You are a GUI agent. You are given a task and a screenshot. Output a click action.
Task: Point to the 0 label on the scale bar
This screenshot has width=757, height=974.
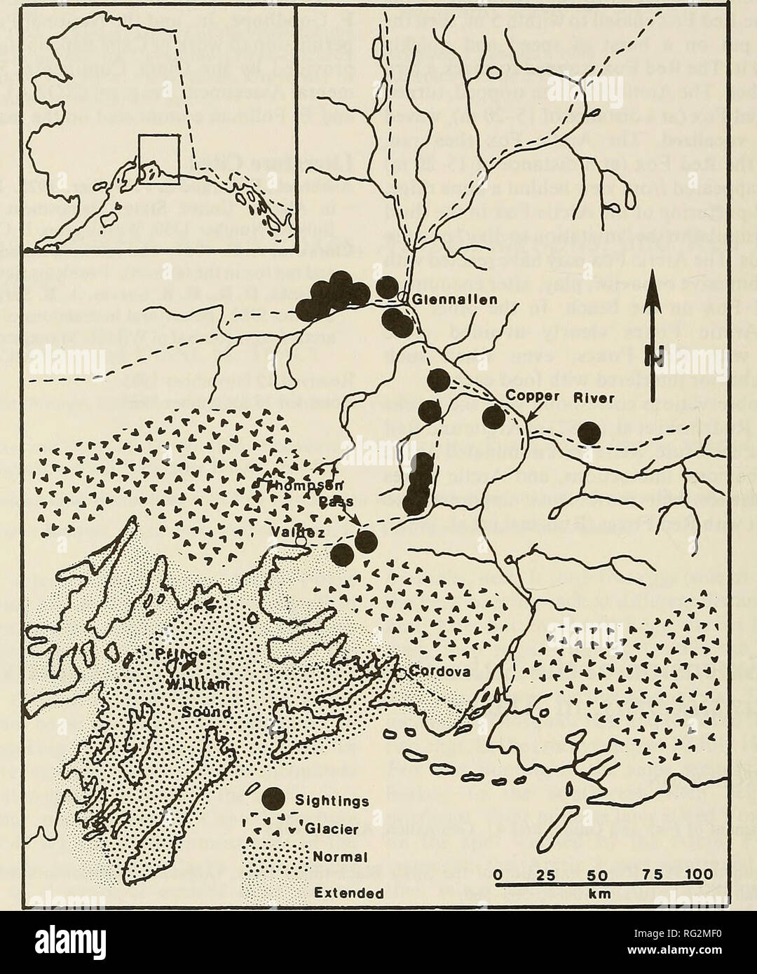click(x=496, y=874)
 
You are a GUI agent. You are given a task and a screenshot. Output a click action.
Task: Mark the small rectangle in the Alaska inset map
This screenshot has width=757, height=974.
click(x=160, y=160)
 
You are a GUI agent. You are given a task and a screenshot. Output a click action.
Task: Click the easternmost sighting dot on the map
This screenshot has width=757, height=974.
click(x=589, y=434)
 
